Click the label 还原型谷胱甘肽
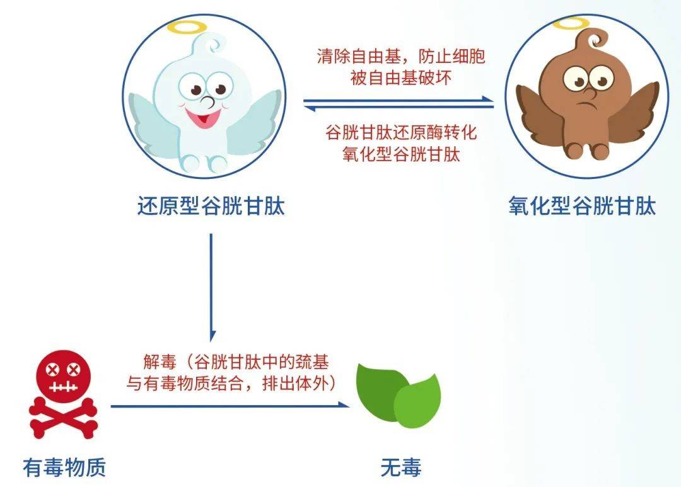pyautogui.click(x=211, y=206)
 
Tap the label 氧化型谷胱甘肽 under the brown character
pyautogui.click(x=582, y=206)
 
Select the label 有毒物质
pyautogui.click(x=64, y=467)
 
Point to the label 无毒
pyautogui.click(x=401, y=467)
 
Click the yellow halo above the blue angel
pyautogui.click(x=188, y=28)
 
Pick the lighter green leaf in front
pyautogui.click(x=417, y=401)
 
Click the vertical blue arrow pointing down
pyautogui.click(x=211, y=287)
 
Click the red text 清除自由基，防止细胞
pyautogui.click(x=401, y=57)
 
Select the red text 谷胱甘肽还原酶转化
pyautogui.click(x=401, y=132)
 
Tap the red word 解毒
pyautogui.click(x=160, y=361)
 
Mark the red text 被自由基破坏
pyautogui.click(x=401, y=78)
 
